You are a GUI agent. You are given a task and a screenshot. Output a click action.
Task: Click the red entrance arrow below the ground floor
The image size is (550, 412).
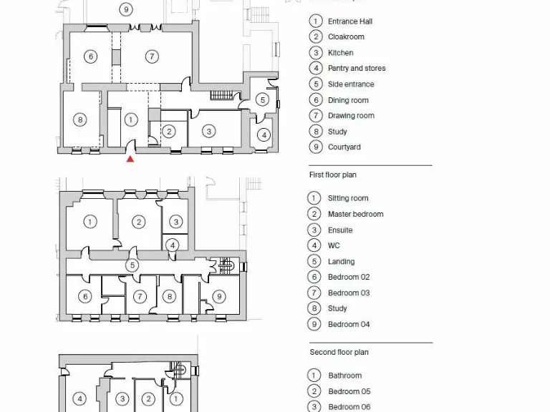(130, 159)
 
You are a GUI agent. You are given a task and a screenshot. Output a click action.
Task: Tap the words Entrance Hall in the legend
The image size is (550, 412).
(350, 21)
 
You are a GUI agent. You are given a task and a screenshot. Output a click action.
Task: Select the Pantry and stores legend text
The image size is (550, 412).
(357, 69)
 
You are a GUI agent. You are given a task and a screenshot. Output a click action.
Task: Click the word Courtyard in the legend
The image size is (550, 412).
(344, 147)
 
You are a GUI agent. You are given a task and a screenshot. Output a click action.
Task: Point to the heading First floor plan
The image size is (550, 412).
(332, 175)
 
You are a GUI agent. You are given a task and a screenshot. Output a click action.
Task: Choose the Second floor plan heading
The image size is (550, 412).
(339, 352)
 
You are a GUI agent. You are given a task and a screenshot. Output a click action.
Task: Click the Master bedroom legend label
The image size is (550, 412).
(355, 214)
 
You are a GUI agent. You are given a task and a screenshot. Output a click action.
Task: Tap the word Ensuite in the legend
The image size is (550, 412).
(340, 230)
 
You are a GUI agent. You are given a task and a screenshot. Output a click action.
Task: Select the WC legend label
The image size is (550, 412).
(334, 245)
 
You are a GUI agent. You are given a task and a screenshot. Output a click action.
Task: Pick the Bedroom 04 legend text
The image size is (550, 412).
(349, 324)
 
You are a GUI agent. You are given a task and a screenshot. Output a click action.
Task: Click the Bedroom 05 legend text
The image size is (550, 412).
(349, 391)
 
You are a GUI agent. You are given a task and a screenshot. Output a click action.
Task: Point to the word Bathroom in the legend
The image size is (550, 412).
(344, 376)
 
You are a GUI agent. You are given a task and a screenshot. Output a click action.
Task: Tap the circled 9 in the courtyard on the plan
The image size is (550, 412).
(126, 9)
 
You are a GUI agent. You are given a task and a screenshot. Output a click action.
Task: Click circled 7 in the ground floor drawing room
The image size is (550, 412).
(152, 57)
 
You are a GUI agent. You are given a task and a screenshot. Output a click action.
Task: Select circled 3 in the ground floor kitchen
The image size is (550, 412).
(209, 131)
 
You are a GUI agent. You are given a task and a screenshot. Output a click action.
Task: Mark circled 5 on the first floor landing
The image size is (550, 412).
(132, 265)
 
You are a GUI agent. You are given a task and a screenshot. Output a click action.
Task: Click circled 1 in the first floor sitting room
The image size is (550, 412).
(90, 222)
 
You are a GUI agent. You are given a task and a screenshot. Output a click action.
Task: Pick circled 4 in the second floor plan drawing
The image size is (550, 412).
(80, 399)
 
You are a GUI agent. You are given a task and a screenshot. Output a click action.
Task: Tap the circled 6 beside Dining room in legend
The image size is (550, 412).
(315, 100)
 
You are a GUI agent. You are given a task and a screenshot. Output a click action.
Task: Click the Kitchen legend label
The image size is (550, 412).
(340, 53)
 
